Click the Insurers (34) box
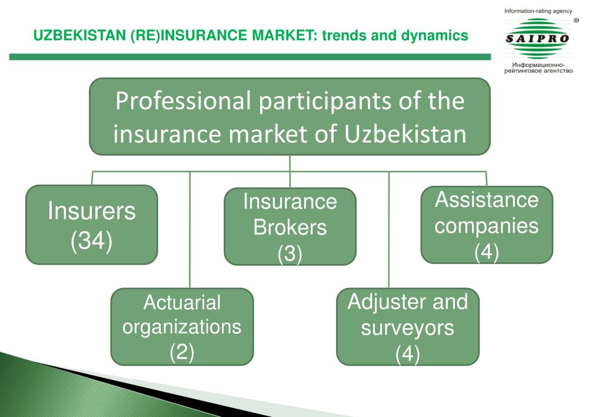point(91,224)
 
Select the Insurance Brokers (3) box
point(290,227)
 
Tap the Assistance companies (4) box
point(487,224)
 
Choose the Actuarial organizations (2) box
point(182,326)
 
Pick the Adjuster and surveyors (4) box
point(407,326)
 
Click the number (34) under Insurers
point(91,241)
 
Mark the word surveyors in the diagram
point(407,327)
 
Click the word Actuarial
point(182,303)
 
